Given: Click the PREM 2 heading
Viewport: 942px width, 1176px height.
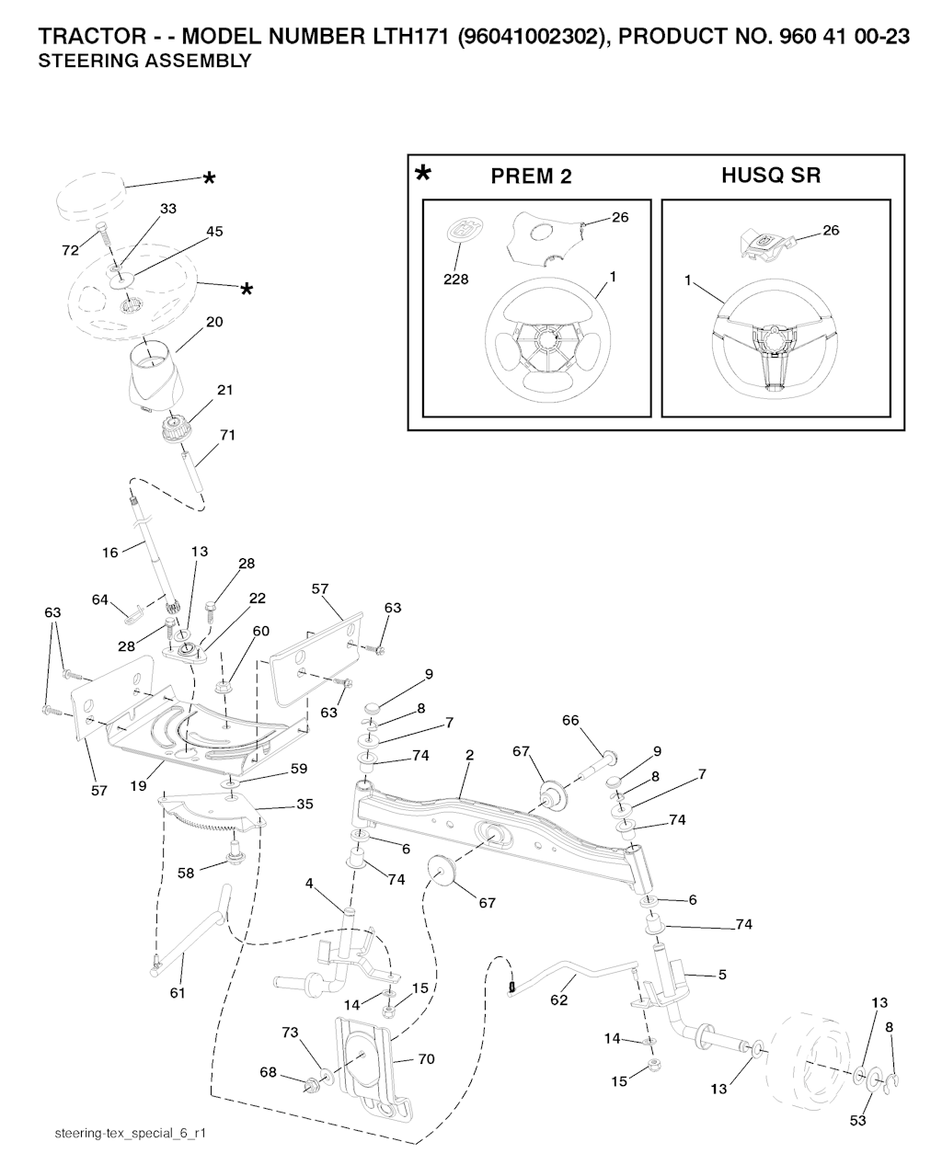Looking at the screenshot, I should click(531, 177).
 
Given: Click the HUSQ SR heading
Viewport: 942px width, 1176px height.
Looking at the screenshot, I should click(771, 175).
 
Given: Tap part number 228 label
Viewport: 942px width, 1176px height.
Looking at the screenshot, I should click(456, 280).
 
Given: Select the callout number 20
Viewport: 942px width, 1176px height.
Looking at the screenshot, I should click(214, 323).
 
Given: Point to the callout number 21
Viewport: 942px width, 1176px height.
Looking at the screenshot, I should click(224, 390).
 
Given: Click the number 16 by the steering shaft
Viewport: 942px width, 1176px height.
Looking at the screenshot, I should click(110, 553).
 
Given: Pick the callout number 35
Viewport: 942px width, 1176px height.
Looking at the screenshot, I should click(304, 804).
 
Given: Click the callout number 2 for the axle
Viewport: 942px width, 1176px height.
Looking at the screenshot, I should click(469, 755).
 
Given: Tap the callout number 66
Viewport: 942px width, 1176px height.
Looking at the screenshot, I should click(570, 721).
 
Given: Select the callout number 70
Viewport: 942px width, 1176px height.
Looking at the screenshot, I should click(426, 1059).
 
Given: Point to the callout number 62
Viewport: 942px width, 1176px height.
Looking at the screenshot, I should click(558, 1002).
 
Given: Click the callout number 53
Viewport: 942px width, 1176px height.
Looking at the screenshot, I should click(858, 1121).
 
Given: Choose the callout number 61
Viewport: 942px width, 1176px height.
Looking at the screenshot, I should click(178, 993).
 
